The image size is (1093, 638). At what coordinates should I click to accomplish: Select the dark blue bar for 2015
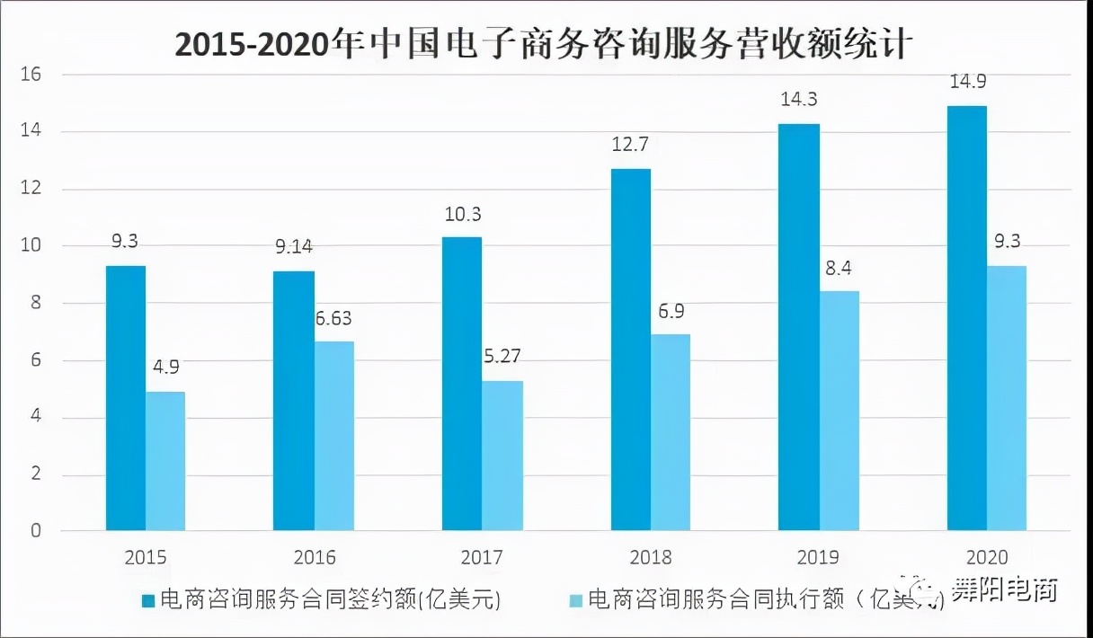click(126, 398)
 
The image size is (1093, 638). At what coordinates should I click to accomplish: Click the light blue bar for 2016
click(334, 436)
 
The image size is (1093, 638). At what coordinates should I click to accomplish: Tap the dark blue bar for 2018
click(630, 350)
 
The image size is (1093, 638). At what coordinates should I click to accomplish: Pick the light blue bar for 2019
click(839, 411)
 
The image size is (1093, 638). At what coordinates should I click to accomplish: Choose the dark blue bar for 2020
click(967, 318)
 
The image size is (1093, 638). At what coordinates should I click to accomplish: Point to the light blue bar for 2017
click(502, 456)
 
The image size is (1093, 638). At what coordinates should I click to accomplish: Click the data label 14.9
click(967, 83)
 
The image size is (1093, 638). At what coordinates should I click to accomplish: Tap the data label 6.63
click(335, 318)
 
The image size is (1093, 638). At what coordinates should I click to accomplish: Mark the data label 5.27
click(502, 357)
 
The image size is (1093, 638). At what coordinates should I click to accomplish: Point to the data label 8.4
click(839, 267)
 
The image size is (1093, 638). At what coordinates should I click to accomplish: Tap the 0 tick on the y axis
click(36, 531)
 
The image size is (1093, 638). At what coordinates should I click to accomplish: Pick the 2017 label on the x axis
click(483, 558)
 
